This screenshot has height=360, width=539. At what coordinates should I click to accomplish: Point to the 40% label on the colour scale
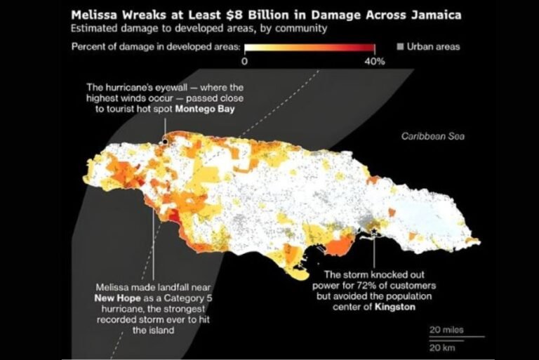click(x=375, y=61)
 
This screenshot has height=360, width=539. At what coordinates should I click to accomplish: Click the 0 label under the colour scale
click(x=244, y=61)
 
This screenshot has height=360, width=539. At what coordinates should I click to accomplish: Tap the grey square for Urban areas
click(x=401, y=47)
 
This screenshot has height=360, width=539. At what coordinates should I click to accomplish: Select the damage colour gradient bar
click(x=310, y=48)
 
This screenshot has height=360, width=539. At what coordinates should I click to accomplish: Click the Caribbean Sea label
click(x=433, y=136)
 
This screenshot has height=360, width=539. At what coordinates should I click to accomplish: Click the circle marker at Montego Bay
click(x=165, y=142)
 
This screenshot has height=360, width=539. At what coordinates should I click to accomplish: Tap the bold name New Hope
click(x=117, y=298)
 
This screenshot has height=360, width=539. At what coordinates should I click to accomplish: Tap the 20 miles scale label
click(x=446, y=329)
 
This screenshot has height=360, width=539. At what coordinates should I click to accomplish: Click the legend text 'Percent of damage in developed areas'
click(x=155, y=47)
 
